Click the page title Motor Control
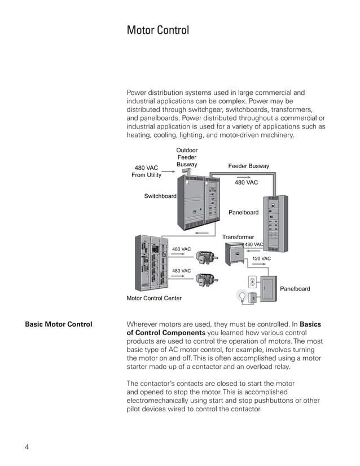click(157, 30)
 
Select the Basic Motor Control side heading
click(59, 324)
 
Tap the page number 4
click(27, 447)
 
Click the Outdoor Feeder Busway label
click(187, 157)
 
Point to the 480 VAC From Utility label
click(146, 172)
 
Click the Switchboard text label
click(160, 196)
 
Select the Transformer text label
click(238, 237)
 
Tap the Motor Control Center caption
click(154, 298)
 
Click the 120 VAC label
click(261, 258)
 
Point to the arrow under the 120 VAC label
click(261, 265)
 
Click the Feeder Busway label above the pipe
click(248, 166)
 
